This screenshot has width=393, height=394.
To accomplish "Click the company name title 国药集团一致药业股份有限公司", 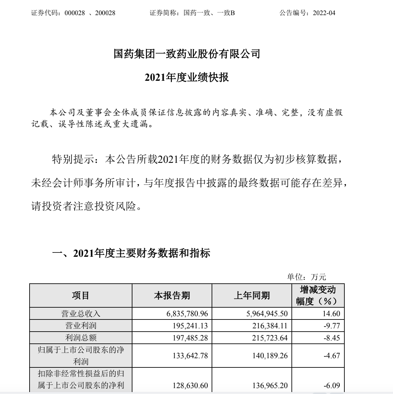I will click(x=187, y=54).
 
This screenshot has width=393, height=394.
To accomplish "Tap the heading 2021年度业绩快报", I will click(x=187, y=77).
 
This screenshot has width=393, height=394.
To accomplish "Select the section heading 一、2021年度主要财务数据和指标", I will click(x=131, y=253).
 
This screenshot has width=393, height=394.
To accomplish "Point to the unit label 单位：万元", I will click(x=306, y=277).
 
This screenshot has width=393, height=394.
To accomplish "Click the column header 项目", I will click(x=81, y=295).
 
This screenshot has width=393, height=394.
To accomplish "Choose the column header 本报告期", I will click(x=172, y=295).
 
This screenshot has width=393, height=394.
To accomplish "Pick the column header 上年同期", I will click(x=252, y=295).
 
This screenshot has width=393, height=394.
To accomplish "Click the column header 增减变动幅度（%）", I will click(x=318, y=295).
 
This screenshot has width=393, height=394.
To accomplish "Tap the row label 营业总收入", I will click(x=81, y=314).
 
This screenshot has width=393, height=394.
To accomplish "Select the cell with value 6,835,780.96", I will click(x=187, y=314).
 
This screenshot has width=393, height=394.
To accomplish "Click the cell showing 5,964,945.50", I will click(x=267, y=314).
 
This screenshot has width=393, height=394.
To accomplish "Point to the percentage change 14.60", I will click(x=331, y=314).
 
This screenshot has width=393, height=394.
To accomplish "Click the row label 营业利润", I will click(x=81, y=326).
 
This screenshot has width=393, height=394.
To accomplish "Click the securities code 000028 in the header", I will click(x=75, y=13).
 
